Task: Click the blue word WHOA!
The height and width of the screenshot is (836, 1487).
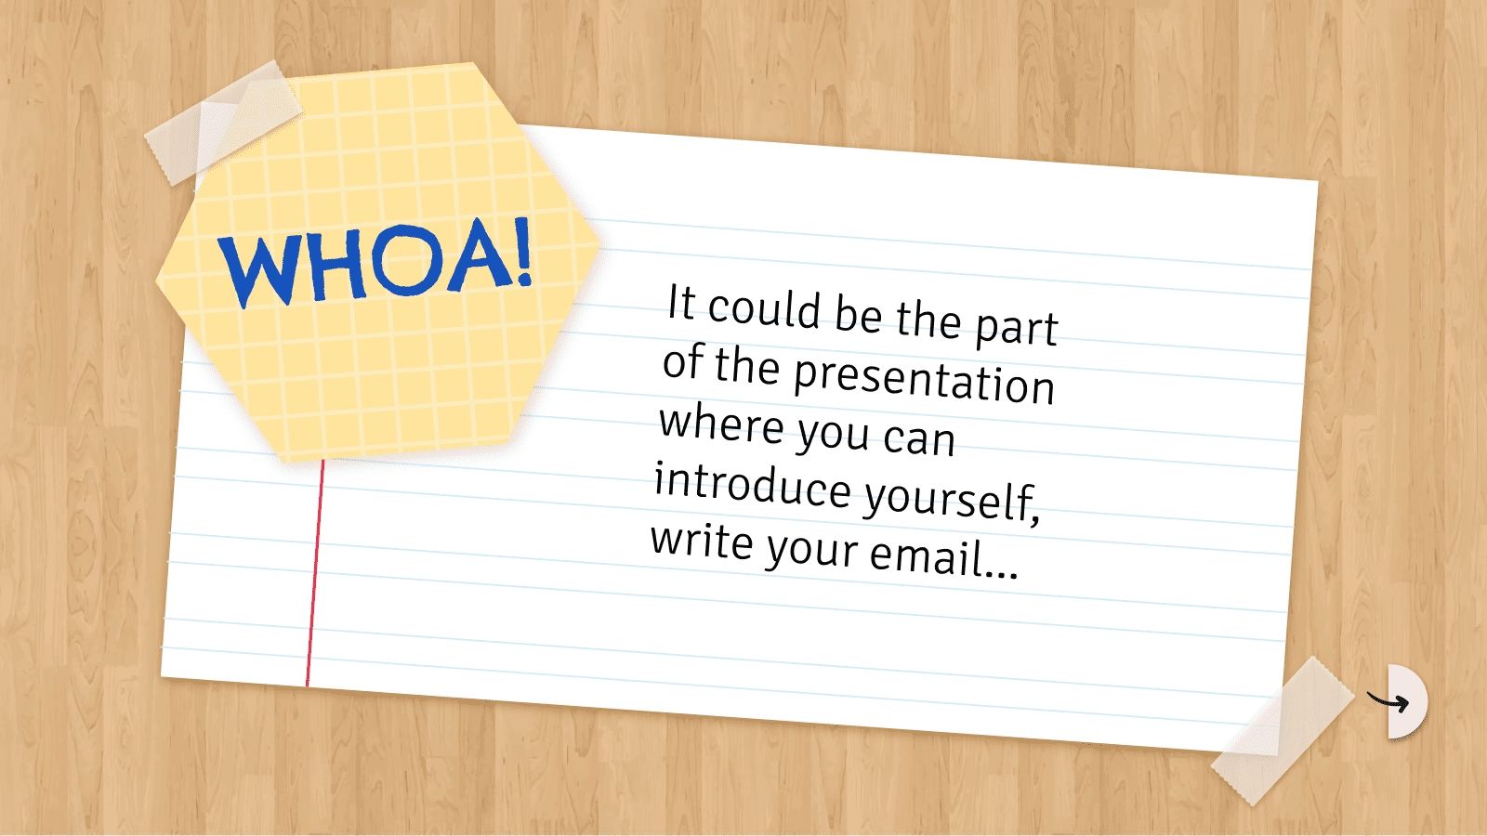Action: click(376, 263)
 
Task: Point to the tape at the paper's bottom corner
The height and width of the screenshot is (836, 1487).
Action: click(1282, 731)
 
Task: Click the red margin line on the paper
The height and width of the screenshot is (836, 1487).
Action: click(314, 576)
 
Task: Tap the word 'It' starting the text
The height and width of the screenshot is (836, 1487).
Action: click(681, 303)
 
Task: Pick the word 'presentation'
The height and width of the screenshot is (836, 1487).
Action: click(924, 377)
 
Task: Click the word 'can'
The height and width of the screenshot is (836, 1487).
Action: click(918, 438)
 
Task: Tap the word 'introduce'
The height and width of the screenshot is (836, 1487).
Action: click(752, 484)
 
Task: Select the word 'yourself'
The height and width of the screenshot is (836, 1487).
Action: click(951, 498)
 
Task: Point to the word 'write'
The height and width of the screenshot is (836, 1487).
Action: click(702, 540)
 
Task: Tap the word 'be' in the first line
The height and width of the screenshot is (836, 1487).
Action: click(858, 314)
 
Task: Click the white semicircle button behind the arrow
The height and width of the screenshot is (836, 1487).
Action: click(1407, 701)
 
